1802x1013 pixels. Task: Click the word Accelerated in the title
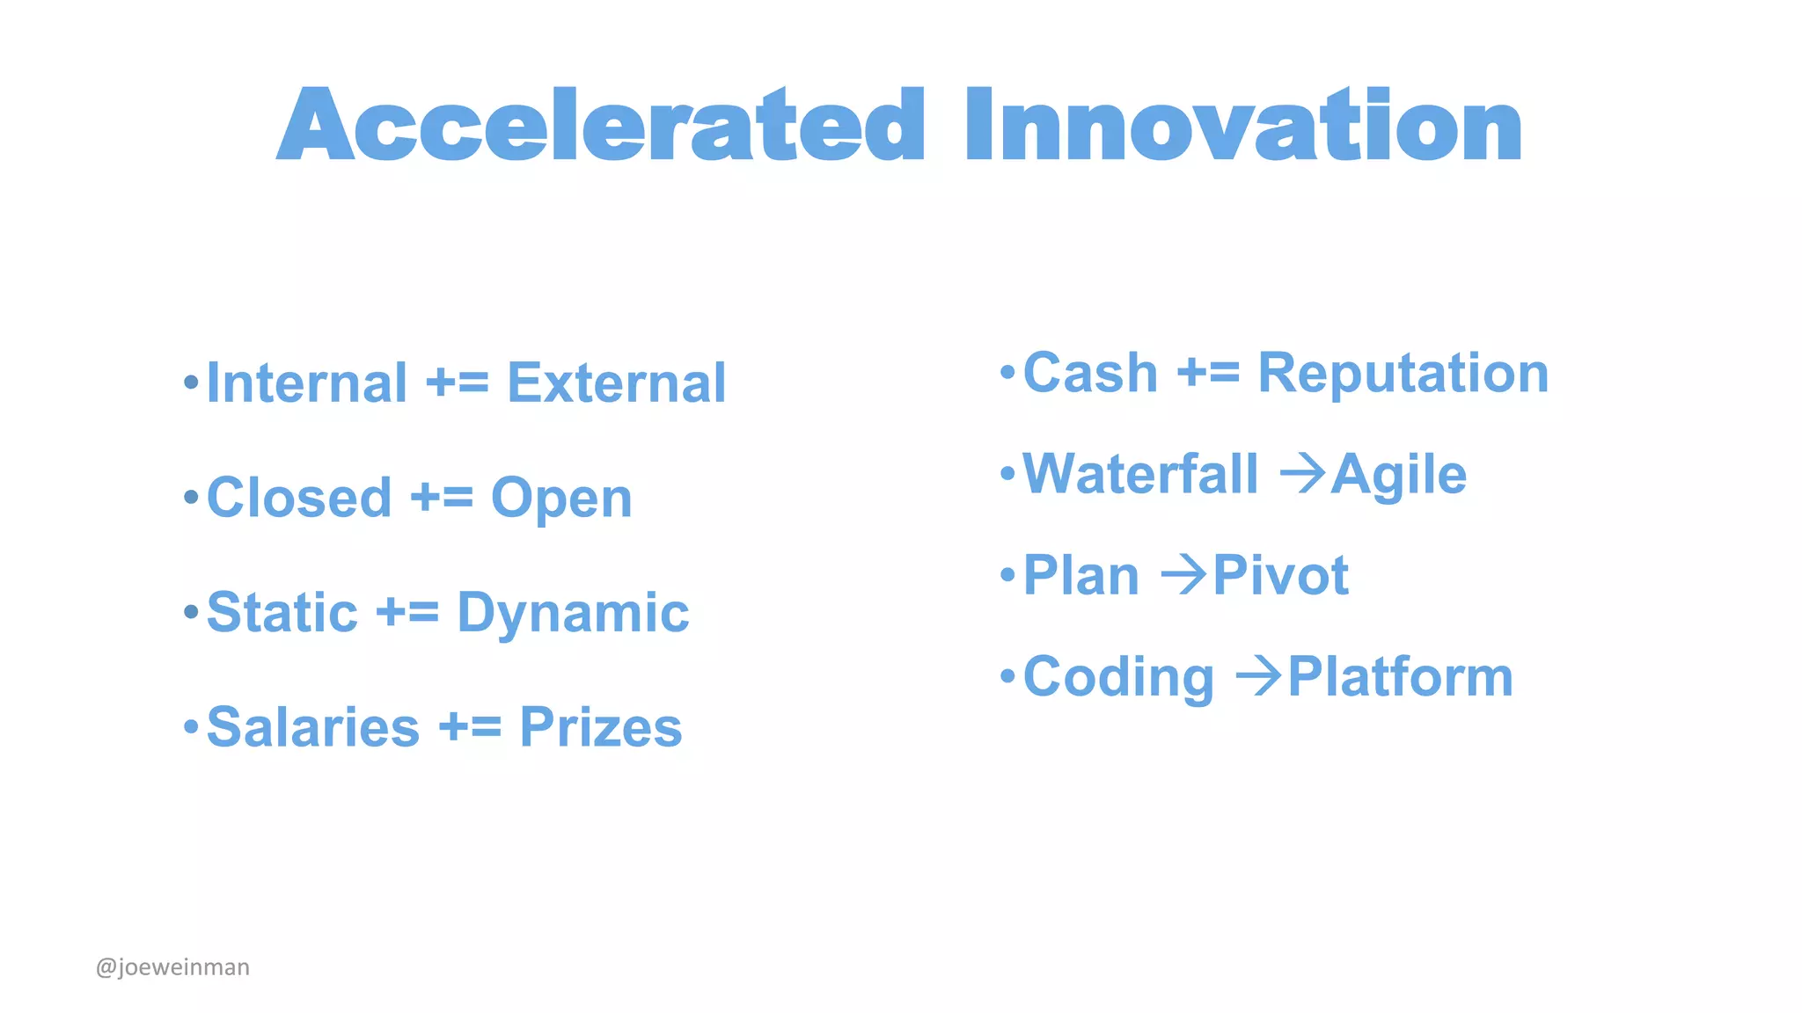point(600,126)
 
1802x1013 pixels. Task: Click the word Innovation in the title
point(1242,126)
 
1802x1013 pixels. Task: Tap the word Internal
point(306,383)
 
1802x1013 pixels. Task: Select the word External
point(616,383)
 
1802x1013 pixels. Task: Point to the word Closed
point(299,498)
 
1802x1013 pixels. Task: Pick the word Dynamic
point(573,614)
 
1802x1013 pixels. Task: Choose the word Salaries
point(313,728)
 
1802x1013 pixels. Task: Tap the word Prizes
point(601,728)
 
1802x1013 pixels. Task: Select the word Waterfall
point(1140,475)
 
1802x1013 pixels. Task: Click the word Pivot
point(1280,576)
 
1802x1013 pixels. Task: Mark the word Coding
point(1118,679)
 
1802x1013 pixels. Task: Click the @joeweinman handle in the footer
point(172,967)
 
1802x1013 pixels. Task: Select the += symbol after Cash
point(1208,373)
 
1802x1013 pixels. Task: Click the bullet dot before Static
point(191,611)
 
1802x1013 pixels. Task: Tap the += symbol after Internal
point(457,383)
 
